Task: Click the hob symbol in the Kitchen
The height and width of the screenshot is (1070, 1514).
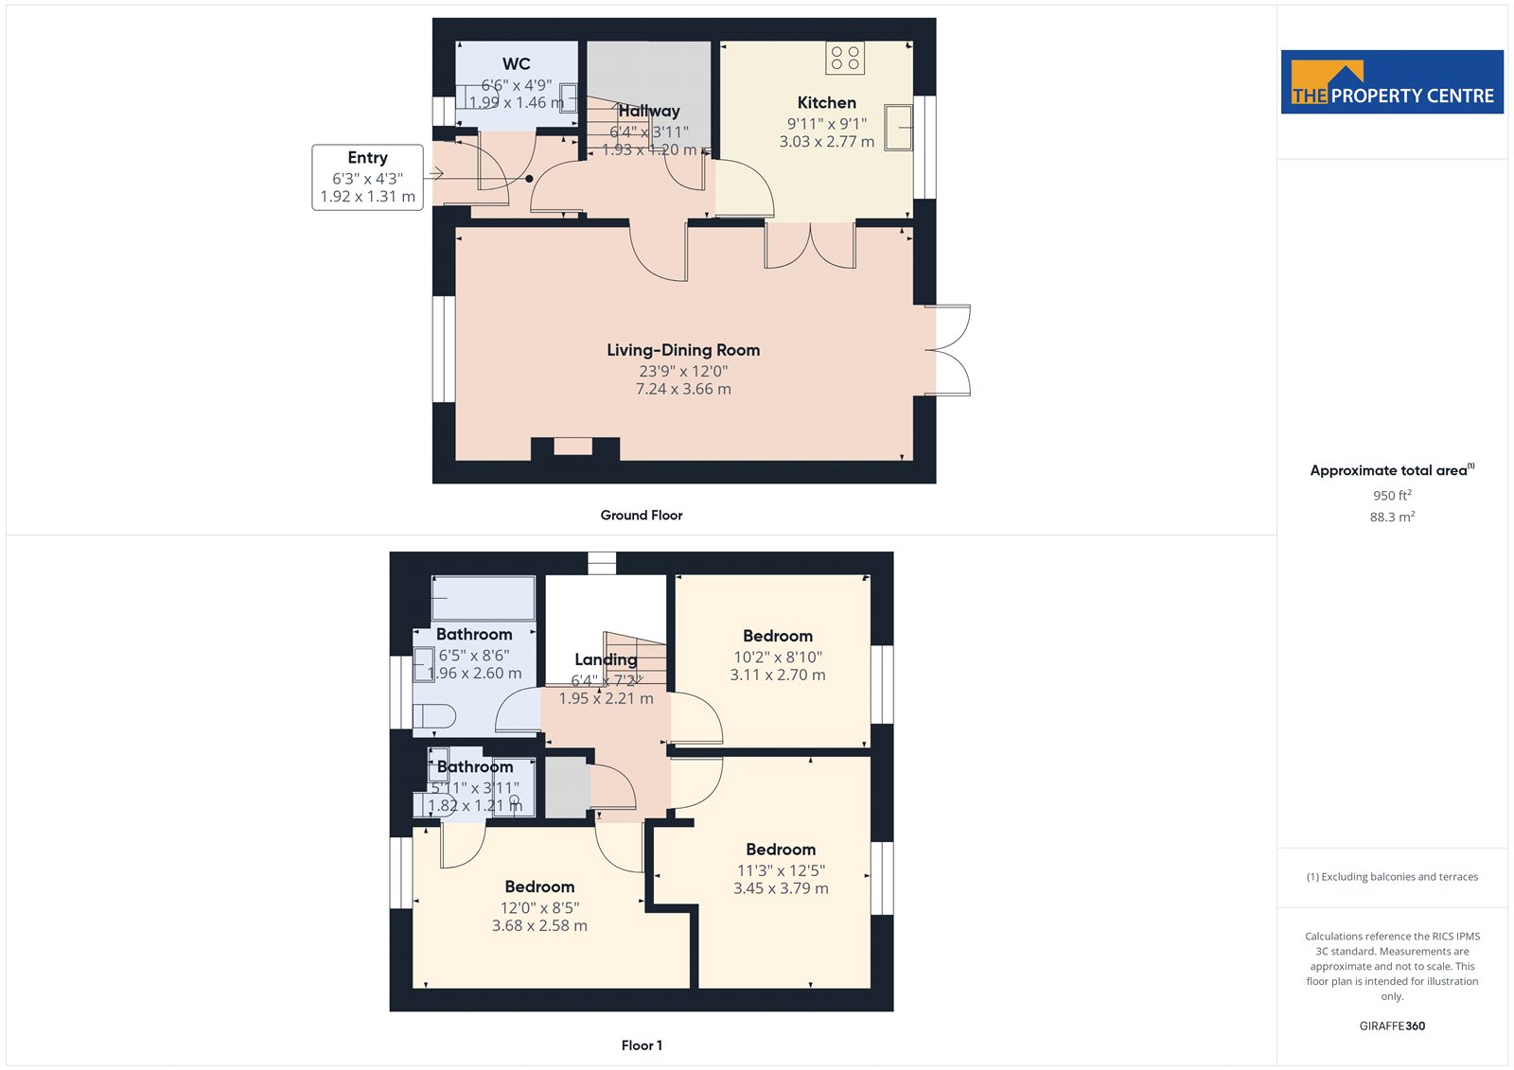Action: [x=845, y=58]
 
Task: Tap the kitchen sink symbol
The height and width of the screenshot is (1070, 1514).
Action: [x=898, y=127]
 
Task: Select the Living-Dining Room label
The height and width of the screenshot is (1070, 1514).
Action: [x=683, y=350]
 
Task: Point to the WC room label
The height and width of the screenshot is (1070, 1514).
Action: [x=517, y=64]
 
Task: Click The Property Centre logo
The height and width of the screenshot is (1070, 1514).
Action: [x=1392, y=81]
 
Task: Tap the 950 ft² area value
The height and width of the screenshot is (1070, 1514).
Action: [x=1392, y=495]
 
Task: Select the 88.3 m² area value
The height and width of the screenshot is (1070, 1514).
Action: [x=1392, y=517]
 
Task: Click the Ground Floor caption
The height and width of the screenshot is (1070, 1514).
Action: [x=642, y=515]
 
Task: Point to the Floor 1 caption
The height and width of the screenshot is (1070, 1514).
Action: [x=642, y=1045]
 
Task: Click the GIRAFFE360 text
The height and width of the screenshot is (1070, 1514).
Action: [x=1392, y=1026]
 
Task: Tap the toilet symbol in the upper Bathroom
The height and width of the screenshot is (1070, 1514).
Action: [x=434, y=716]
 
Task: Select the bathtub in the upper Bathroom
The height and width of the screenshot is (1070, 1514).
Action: [x=484, y=598]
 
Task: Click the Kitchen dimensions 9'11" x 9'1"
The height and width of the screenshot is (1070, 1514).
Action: [x=827, y=124]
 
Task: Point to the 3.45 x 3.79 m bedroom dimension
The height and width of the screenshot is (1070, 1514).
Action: [x=781, y=888]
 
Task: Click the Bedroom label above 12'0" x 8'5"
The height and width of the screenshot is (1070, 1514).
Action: [x=539, y=886]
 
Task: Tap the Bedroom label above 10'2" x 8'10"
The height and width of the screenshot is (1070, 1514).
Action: [x=778, y=636]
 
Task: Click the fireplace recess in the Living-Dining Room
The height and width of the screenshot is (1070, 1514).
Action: [x=573, y=447]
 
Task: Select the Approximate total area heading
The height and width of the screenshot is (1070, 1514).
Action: [x=1392, y=470]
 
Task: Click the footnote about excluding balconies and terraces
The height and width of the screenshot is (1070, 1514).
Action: [x=1392, y=877]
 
